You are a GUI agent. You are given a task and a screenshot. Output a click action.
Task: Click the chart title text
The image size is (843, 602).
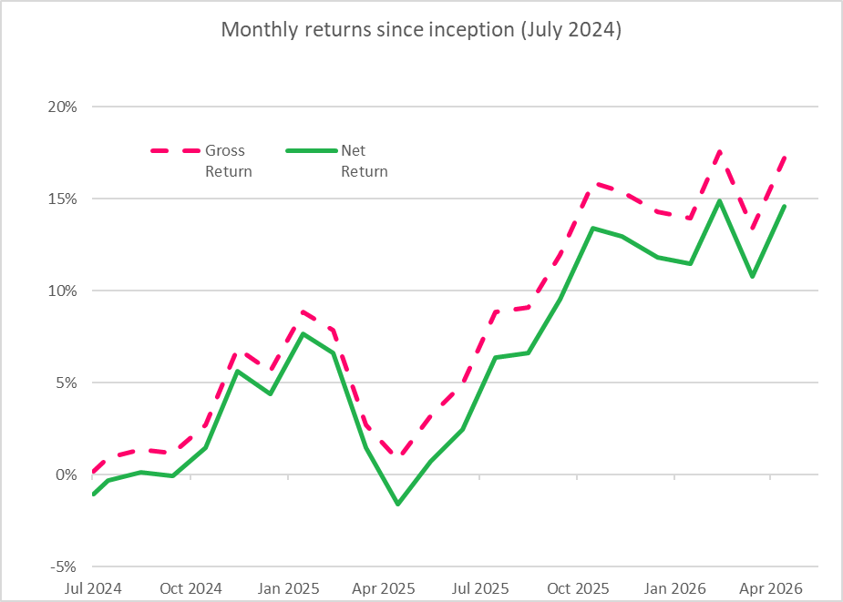pos(421,29)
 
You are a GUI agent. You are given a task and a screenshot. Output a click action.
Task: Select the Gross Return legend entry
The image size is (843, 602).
pos(201,160)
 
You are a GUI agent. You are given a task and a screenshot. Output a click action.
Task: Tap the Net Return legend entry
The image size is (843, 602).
pos(337,160)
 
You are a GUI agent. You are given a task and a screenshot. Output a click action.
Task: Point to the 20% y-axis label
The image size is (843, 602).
pos(63,107)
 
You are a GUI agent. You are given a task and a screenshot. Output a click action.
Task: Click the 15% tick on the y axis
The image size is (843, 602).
pos(63,199)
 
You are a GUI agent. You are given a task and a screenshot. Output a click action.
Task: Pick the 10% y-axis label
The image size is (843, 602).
pos(63,291)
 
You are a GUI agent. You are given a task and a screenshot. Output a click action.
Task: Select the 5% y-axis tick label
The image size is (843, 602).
pos(67,383)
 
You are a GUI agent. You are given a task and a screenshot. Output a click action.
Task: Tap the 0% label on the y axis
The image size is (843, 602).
pos(67,475)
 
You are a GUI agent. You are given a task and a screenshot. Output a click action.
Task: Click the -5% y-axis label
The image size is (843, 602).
pos(64,567)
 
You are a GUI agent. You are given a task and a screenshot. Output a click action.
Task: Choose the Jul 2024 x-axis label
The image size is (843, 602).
pos(93,588)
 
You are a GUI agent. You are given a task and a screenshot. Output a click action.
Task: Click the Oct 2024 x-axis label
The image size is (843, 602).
pos(190,588)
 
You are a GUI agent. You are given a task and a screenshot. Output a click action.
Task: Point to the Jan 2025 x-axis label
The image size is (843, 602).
pos(288,588)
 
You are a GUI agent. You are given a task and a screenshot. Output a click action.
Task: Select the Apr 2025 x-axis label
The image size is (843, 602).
pos(384,588)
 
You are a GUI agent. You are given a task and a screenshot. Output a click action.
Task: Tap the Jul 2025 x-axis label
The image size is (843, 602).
pos(479,588)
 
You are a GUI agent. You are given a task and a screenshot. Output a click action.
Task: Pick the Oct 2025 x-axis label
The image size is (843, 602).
pos(578,588)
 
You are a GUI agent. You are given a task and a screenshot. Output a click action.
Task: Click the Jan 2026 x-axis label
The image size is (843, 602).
pos(674,588)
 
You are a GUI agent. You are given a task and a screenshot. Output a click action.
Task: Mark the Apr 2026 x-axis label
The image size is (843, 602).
pos(770,588)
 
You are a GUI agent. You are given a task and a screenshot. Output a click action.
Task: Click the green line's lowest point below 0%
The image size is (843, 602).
pos(398,505)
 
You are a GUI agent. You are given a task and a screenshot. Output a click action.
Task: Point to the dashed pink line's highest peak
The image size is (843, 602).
pos(719,151)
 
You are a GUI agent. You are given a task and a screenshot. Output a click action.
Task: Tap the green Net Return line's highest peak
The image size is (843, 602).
pos(719,201)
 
